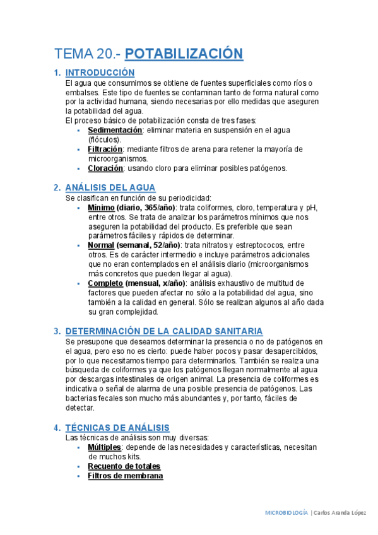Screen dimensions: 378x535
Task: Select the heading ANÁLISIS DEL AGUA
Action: click(x=110, y=187)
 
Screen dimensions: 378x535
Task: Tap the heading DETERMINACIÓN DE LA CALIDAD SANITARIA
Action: click(x=164, y=331)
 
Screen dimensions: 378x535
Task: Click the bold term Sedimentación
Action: click(x=115, y=130)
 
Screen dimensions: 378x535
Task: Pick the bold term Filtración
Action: click(x=105, y=150)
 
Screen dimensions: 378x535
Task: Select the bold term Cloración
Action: click(x=105, y=168)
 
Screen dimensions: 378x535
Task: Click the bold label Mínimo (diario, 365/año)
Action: click(x=131, y=208)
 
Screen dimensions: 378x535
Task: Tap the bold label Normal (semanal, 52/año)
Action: click(x=133, y=245)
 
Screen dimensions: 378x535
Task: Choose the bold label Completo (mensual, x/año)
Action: click(x=132, y=283)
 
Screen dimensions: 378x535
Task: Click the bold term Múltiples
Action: click(x=104, y=447)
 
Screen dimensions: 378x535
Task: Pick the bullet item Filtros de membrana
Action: click(x=125, y=476)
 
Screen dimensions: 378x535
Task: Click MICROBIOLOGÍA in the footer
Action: click(x=286, y=513)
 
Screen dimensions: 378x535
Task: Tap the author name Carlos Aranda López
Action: click(x=342, y=513)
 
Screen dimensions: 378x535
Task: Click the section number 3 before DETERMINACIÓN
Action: click(x=57, y=331)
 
